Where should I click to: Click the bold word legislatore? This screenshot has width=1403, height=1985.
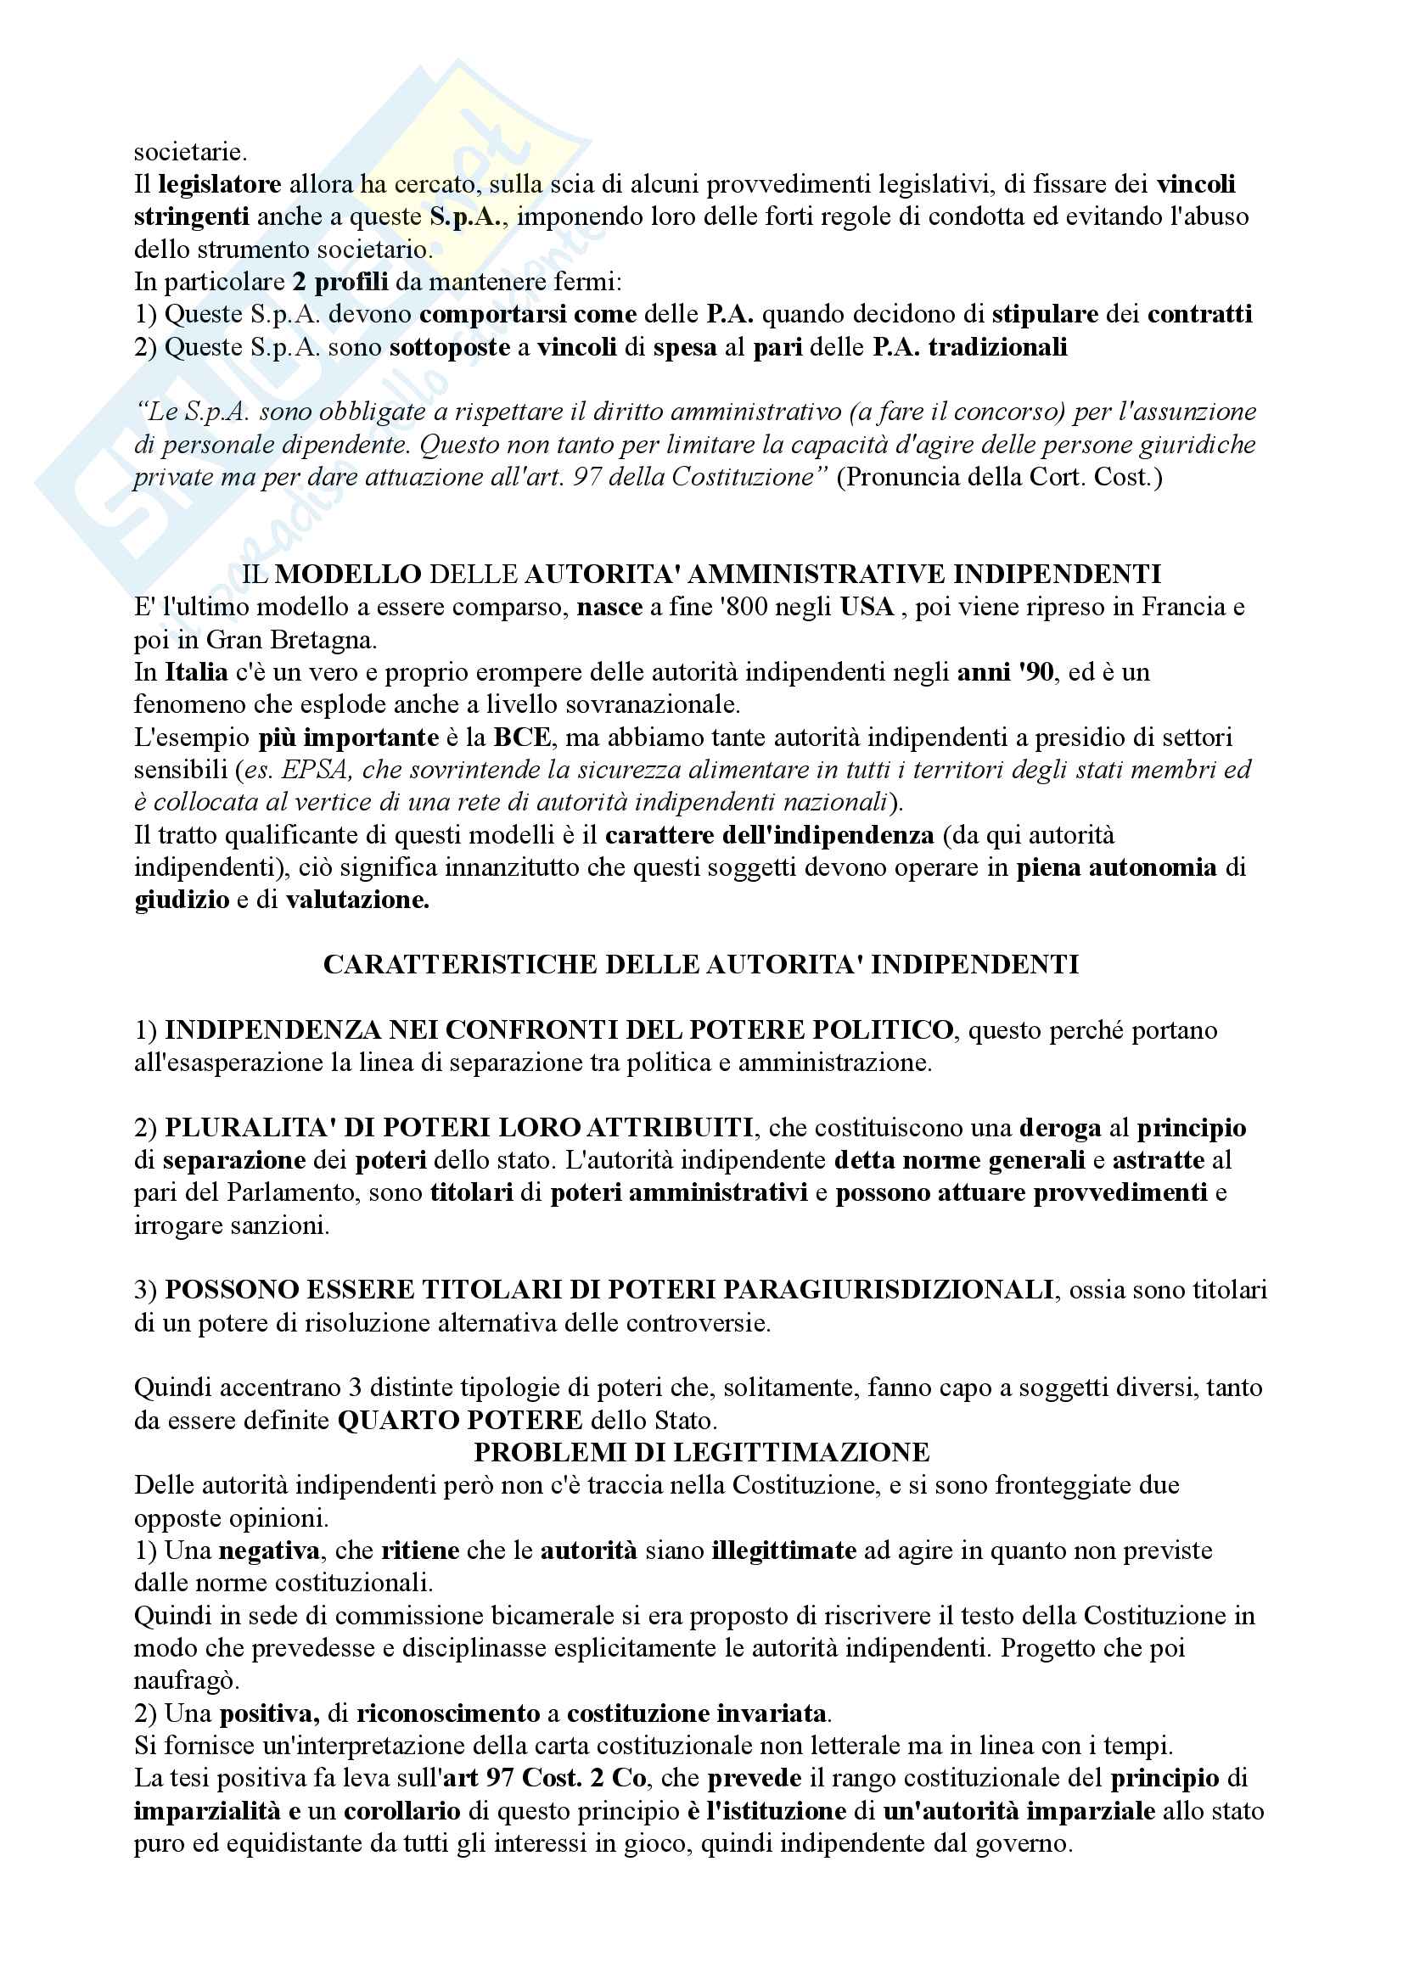[x=220, y=184]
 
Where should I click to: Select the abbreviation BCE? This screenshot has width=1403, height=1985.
[x=521, y=737]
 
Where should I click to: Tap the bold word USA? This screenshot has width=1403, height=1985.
[x=867, y=607]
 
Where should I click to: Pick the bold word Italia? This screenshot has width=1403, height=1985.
[x=196, y=672]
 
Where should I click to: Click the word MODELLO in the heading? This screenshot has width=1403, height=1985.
[x=347, y=574]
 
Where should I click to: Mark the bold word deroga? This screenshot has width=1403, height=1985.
[x=1060, y=1127]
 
